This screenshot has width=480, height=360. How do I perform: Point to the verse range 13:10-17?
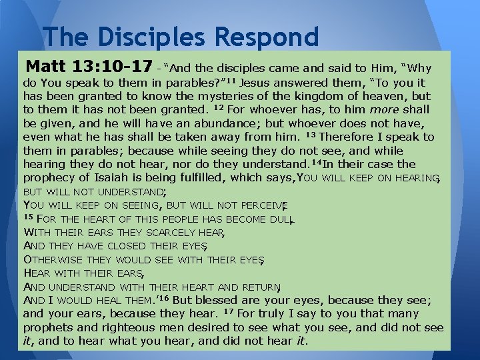[x=115, y=67]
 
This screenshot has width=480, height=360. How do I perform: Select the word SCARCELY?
[x=171, y=232]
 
